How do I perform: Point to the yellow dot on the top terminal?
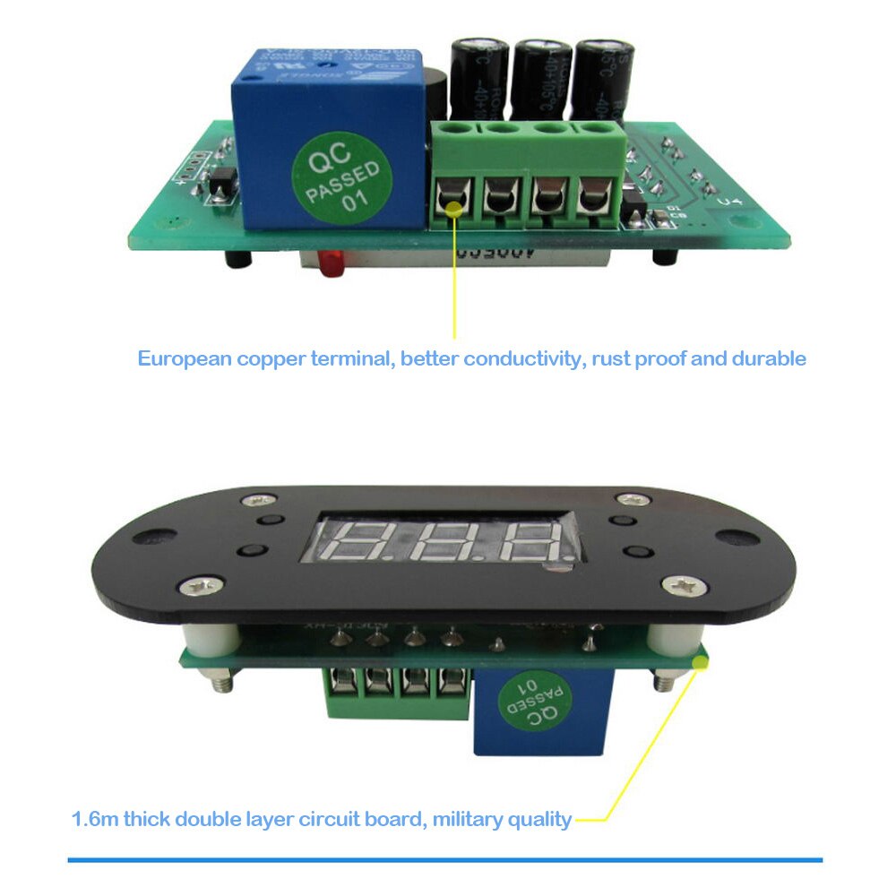click(454, 208)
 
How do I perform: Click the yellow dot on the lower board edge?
click(700, 663)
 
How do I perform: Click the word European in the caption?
click(185, 359)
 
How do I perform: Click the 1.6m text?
click(95, 819)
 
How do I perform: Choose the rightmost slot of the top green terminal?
click(593, 197)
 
